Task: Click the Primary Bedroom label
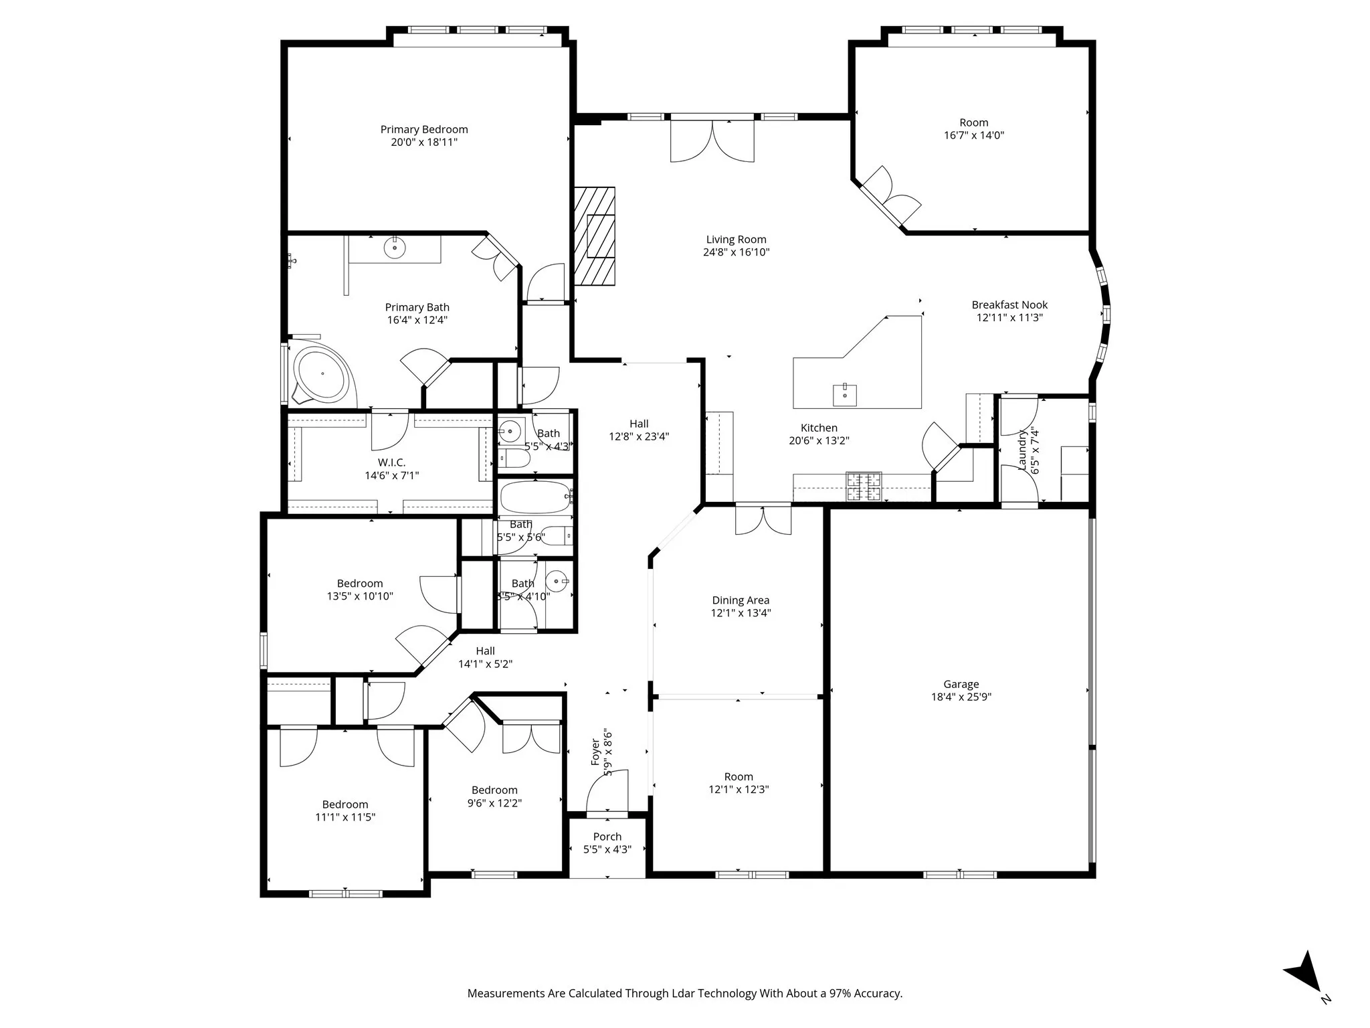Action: coord(424,129)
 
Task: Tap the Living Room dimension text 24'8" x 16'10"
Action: coord(736,252)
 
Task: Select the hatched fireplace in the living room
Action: coord(595,236)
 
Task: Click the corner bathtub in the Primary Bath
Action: coord(321,374)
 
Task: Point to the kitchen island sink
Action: coord(845,394)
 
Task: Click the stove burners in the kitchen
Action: coord(864,487)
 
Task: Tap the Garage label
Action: coord(961,684)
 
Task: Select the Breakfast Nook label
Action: coord(1009,305)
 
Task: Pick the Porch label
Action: coord(607,837)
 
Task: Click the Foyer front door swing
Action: coord(607,793)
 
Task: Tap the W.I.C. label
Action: coord(391,462)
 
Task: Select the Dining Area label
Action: coord(741,600)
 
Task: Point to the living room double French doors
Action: coord(712,141)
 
